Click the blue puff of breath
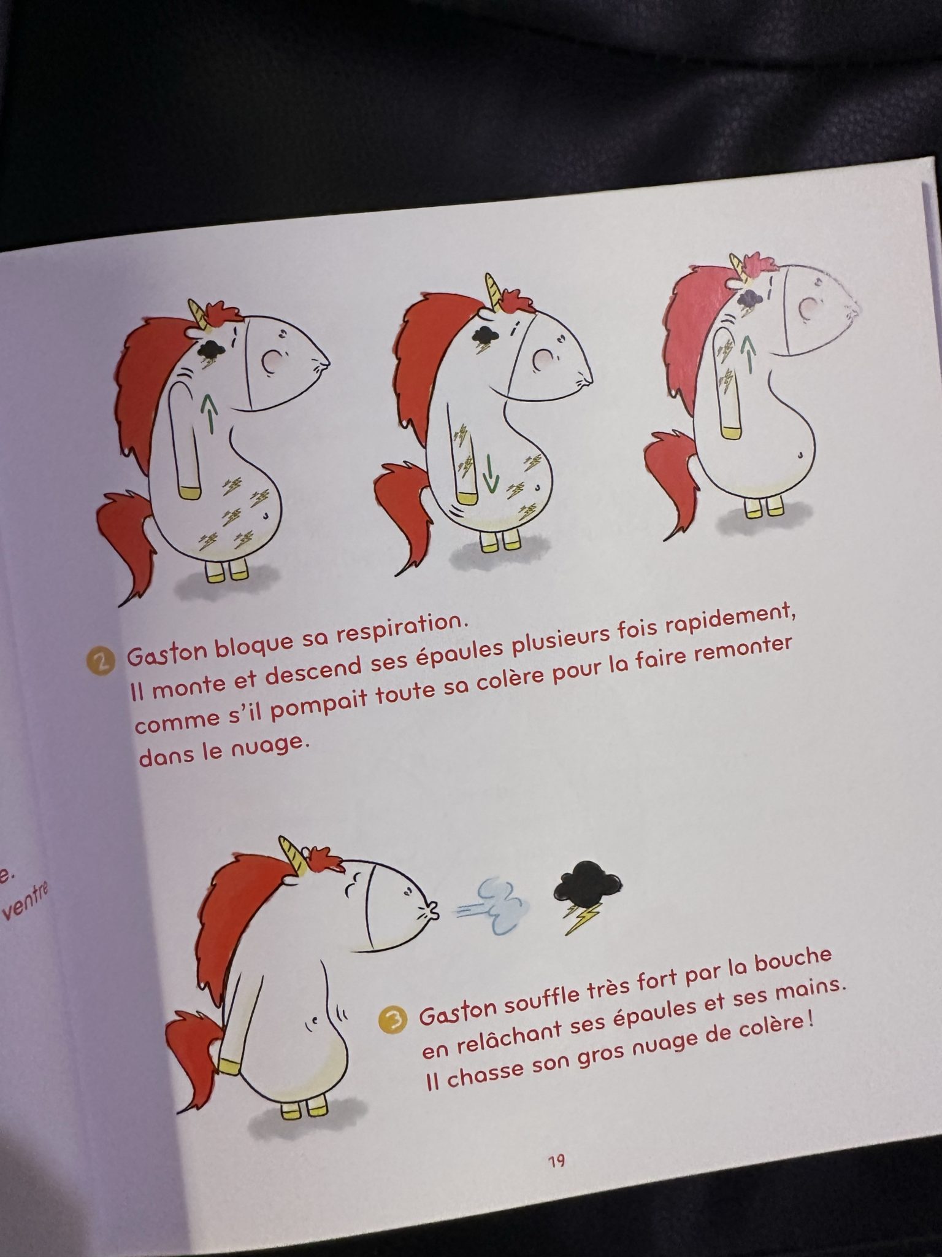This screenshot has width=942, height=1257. point(491,901)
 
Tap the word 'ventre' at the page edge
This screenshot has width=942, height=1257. point(23,900)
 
